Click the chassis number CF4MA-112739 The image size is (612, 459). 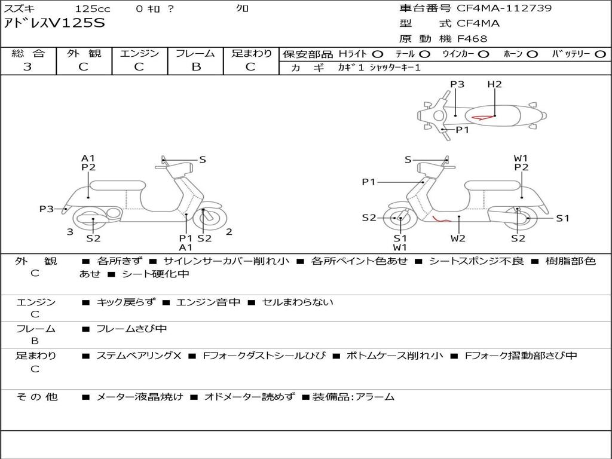pos(504,8)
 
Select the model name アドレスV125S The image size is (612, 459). pos(54,23)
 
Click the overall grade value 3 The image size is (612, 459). pos(27,67)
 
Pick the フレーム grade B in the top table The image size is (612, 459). pos(196,67)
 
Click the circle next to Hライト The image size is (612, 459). pos(378,54)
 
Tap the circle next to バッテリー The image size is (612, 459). pos(600,54)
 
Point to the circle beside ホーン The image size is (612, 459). pos(533,54)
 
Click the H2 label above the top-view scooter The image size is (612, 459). pos(494,84)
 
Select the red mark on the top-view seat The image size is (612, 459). pos(482,117)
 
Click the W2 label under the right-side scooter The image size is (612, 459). pos(458,238)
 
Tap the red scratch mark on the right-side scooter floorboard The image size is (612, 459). pos(440,219)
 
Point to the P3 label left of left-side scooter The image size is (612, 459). pos(47,209)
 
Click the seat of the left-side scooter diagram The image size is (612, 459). pos(118,185)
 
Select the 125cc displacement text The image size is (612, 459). pos(93,8)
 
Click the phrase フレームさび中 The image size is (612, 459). pos(131,329)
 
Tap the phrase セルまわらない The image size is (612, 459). pos(298,302)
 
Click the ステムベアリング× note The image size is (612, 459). pos(139,356)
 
